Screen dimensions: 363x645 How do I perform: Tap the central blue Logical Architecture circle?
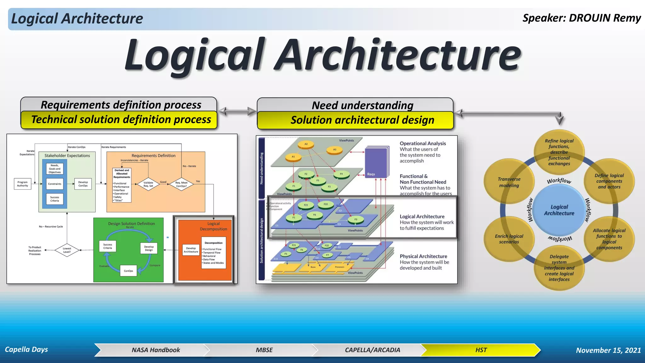coord(559,210)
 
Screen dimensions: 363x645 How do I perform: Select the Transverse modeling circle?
coord(509,182)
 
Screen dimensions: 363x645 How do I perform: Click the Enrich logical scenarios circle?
coord(509,239)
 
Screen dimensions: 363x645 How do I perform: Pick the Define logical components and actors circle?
coord(609,181)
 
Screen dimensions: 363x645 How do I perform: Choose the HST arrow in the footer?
coord(481,350)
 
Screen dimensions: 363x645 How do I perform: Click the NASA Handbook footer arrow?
coord(156,350)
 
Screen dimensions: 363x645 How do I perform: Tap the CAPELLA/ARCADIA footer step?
coord(372,350)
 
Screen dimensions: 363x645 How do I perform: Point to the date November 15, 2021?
coord(608,350)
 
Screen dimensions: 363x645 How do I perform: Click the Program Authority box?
coord(23,184)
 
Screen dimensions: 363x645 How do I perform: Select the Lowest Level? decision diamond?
coord(67,250)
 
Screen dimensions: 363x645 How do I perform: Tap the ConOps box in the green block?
coord(128,271)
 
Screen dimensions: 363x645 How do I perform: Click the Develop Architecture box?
coord(191,250)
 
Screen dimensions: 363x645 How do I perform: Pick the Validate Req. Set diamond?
coord(148,184)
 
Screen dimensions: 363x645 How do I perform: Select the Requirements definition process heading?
coord(121,105)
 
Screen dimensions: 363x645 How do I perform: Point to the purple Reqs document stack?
coord(376,162)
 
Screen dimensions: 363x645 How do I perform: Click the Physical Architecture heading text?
coord(423,256)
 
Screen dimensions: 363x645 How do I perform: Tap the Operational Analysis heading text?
coord(423,143)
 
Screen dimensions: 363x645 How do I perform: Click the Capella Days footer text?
coord(26,349)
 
